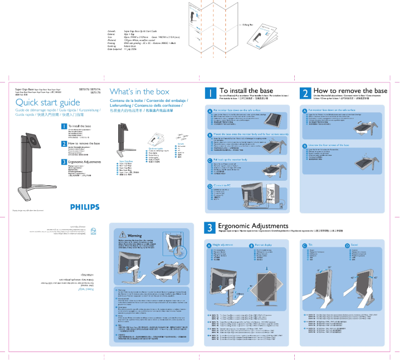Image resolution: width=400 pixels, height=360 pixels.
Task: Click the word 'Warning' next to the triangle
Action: pyautogui.click(x=135, y=235)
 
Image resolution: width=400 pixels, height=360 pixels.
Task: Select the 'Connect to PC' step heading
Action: pyautogui.click(x=222, y=185)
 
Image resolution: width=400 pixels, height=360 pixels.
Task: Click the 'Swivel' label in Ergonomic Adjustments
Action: pyautogui.click(x=355, y=245)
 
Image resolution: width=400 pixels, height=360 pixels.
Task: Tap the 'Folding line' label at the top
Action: pyautogui.click(x=248, y=24)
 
